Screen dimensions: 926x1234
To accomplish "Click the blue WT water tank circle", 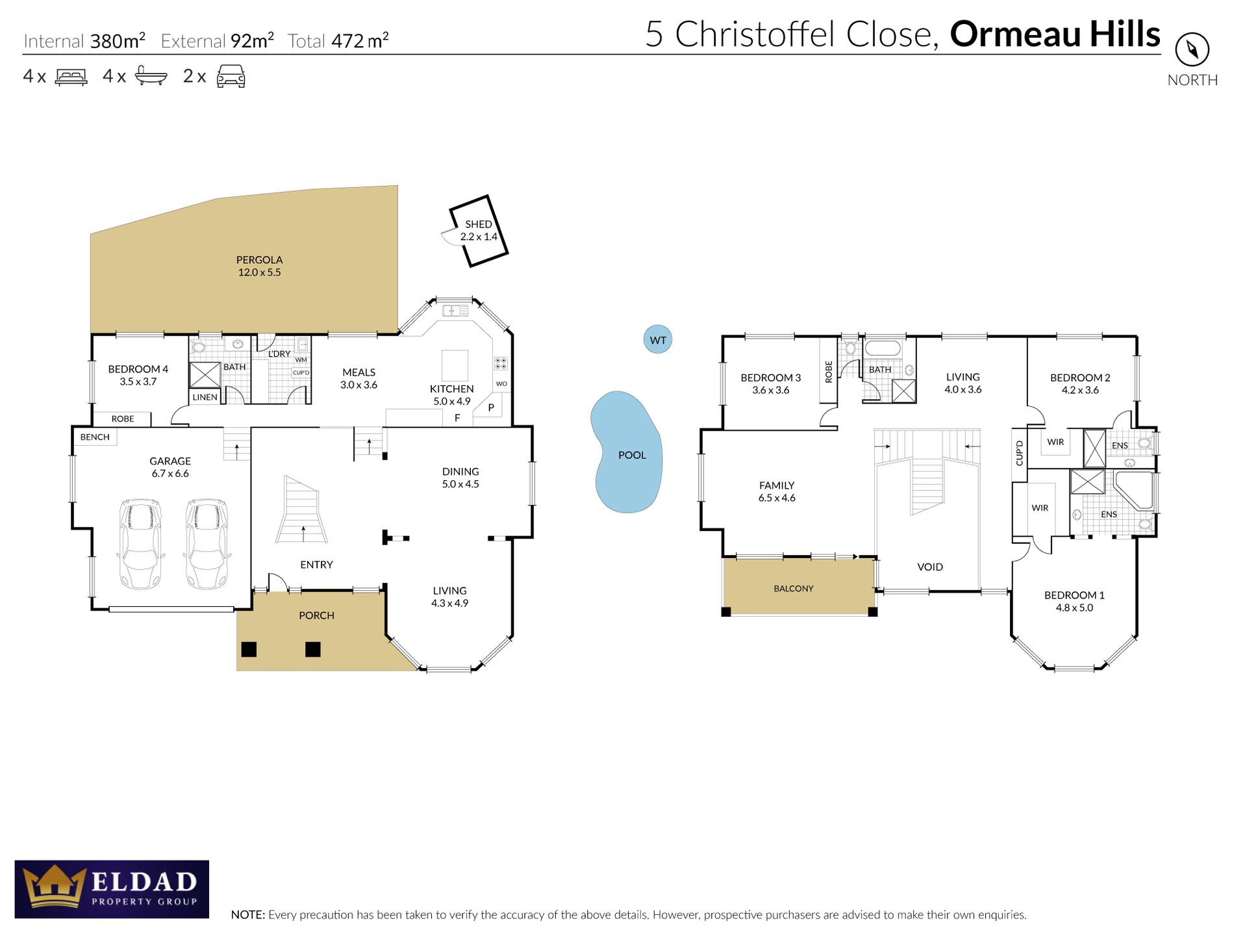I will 657,340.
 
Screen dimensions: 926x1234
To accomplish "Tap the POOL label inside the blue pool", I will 631,456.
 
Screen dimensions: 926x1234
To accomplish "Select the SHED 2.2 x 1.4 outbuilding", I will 479,231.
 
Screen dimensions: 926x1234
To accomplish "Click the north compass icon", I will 1192,49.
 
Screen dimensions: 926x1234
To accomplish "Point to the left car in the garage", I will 140,544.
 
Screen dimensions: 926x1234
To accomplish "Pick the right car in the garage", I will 207,544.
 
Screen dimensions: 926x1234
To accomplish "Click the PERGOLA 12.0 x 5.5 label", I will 259,266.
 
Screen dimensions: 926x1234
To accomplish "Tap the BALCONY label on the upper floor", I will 793,589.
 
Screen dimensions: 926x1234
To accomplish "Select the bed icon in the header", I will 71,77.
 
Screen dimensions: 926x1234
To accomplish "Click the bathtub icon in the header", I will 151,76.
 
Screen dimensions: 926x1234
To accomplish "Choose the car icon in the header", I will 231,76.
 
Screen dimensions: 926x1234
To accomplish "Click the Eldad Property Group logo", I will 112,889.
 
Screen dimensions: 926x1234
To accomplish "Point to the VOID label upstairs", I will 929,567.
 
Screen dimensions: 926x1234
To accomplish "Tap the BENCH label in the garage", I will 95,437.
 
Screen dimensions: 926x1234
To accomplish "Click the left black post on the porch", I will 249,649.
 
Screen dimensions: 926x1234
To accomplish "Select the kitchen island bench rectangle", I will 455,365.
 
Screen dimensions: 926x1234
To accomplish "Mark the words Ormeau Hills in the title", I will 1054,34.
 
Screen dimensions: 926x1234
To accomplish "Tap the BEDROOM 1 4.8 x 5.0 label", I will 1074,602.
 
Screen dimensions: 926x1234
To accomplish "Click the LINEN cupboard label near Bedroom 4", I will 205,397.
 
